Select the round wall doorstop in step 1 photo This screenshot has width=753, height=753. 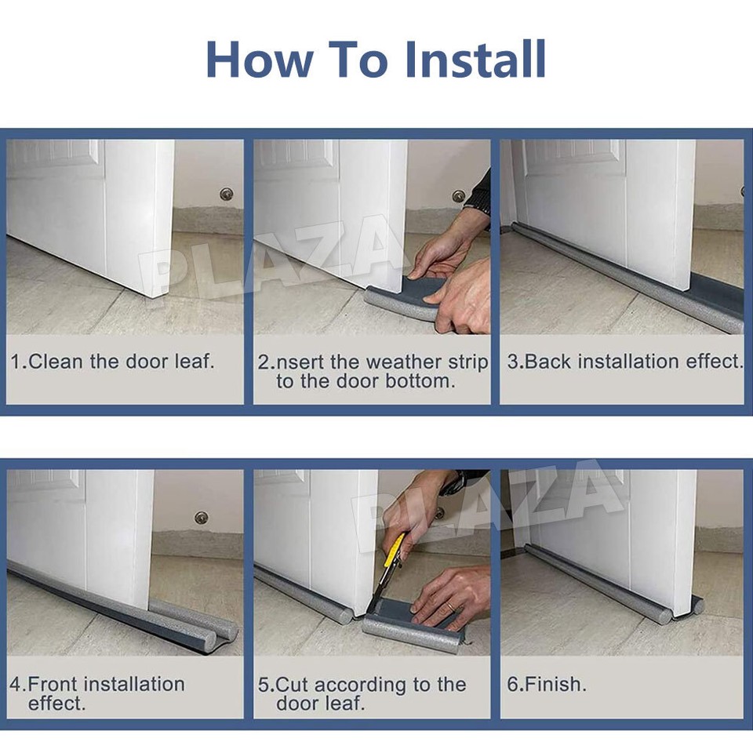tap(227, 193)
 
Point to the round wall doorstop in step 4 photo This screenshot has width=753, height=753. tap(202, 518)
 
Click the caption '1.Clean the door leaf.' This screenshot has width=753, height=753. tap(112, 362)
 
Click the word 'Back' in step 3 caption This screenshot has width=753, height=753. tap(546, 362)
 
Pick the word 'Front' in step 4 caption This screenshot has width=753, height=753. tap(56, 684)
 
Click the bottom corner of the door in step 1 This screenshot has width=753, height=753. tap(149, 294)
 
